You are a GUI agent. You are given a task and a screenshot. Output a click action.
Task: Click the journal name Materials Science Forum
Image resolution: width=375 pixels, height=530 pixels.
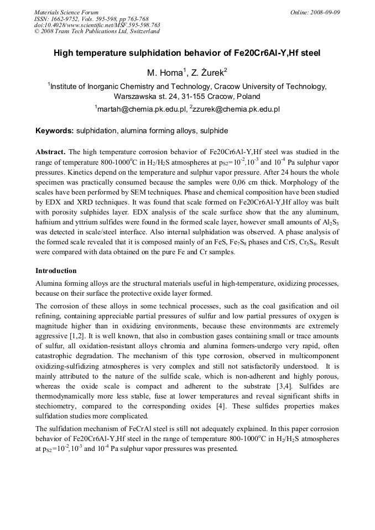point(66,12)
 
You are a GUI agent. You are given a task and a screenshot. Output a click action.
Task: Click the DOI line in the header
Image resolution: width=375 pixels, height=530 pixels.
point(97,25)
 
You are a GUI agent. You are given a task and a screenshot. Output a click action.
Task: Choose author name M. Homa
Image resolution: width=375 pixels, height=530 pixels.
point(164,73)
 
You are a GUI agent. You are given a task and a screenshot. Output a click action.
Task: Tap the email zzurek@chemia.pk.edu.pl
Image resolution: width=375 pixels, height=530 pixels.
point(235,109)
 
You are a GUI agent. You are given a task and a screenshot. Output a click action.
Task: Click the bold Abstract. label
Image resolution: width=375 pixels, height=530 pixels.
point(51,151)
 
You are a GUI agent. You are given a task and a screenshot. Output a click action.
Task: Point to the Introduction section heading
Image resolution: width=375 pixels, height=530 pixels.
point(56,271)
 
